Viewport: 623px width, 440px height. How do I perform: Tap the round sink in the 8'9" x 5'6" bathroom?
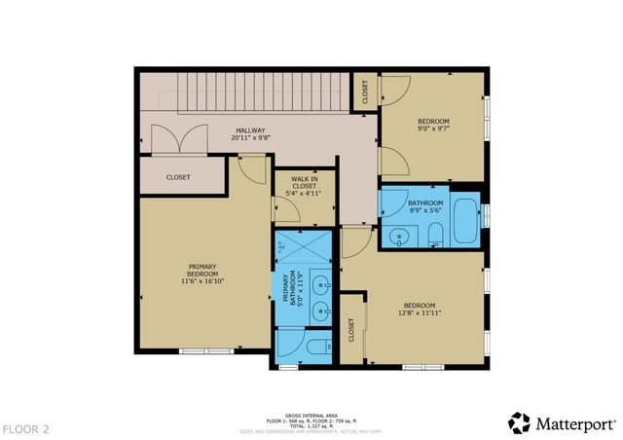[399, 236]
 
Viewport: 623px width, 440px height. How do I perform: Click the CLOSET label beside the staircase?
[366, 91]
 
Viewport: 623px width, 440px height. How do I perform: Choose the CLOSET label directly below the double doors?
[178, 177]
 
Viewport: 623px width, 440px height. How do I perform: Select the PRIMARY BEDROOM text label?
[202, 270]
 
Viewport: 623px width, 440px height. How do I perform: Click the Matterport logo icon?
[520, 422]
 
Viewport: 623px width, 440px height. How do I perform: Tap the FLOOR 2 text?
[26, 427]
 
